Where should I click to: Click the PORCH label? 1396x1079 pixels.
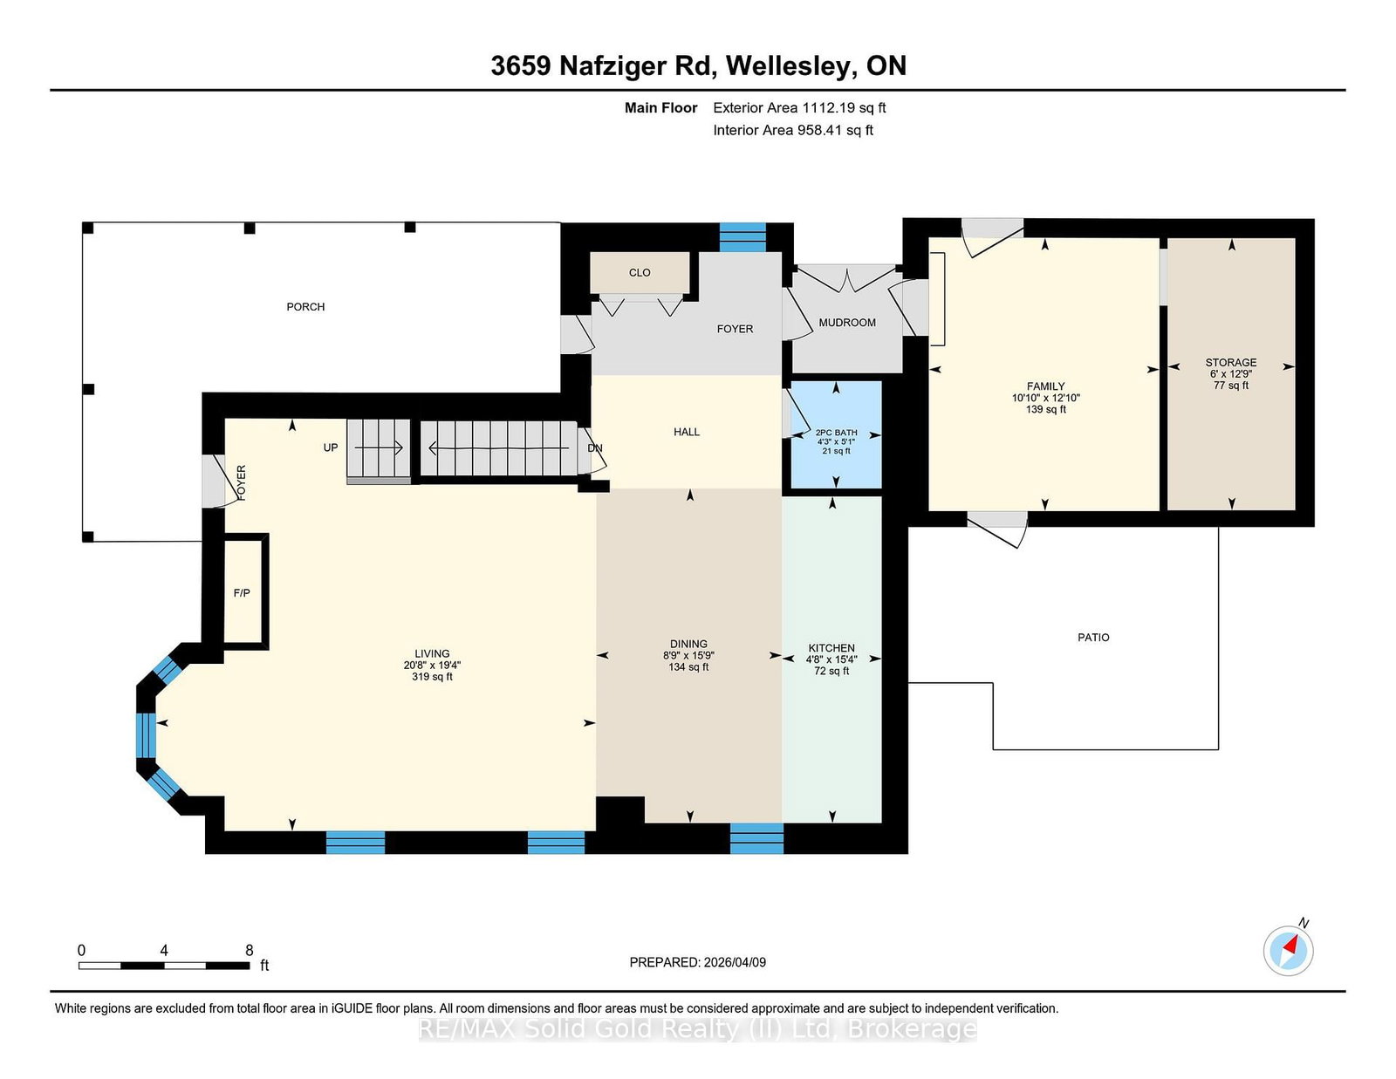coord(305,307)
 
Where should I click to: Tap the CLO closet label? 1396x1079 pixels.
coord(640,273)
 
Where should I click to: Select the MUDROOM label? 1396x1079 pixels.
coord(846,323)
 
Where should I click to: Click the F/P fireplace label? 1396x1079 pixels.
coord(242,593)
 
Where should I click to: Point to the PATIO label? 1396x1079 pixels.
coord(1093,637)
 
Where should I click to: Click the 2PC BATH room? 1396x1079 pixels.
coord(836,434)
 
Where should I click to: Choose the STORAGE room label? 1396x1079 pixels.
coord(1231,362)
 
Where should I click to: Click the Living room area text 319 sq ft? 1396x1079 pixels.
coord(433,677)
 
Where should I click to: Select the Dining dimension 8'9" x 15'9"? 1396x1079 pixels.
coord(688,656)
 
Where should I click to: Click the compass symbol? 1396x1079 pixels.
coord(1288,950)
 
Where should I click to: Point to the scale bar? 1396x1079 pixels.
coord(164,966)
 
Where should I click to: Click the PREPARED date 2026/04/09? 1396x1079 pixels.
coord(735,962)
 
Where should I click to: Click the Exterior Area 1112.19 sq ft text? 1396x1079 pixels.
coord(799,108)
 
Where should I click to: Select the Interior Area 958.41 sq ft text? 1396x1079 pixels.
coord(793,130)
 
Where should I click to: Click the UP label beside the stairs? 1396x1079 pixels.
coord(330,447)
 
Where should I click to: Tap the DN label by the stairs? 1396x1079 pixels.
coord(595,448)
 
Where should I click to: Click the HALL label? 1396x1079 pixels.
coord(686,433)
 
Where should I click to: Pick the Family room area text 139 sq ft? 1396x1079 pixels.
coord(1046,409)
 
